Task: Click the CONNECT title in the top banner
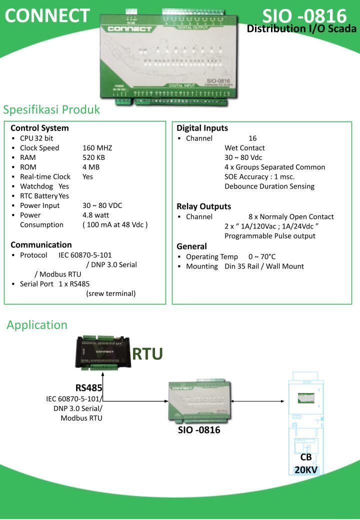click(47, 16)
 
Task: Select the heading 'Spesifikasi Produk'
click(51, 109)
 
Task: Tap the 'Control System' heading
click(39, 128)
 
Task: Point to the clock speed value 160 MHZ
click(97, 147)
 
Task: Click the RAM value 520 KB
click(93, 157)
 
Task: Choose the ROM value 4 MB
click(91, 166)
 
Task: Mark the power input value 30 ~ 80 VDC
click(102, 205)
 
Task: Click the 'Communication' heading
click(41, 244)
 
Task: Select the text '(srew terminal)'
click(110, 293)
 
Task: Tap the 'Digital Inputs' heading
click(202, 128)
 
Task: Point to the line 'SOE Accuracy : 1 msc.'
click(259, 176)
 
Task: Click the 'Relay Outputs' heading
click(203, 206)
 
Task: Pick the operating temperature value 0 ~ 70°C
click(262, 256)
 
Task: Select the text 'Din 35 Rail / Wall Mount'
click(264, 266)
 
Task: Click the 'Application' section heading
click(37, 324)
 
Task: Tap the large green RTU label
click(147, 353)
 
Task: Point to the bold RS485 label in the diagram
click(89, 387)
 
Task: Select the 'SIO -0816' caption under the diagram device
click(199, 430)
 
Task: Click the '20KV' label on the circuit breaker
click(306, 469)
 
